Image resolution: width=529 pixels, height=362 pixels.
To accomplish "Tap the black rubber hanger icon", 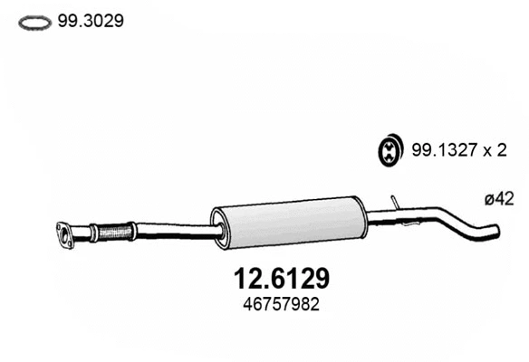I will coord(389,150).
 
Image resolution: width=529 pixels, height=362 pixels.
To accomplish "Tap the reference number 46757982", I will coord(264,305).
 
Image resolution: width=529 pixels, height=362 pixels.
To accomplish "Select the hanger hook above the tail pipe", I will coord(394,202).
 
